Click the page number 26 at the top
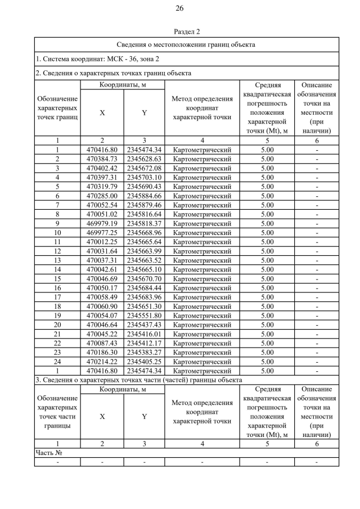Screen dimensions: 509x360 pos(179,8)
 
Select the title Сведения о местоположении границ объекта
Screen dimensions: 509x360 pos(186,44)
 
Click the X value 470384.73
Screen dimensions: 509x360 pos(102,159)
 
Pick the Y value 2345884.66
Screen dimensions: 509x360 pos(144,196)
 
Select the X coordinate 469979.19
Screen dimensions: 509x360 pos(102,223)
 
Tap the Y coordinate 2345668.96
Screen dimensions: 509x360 pos(144,232)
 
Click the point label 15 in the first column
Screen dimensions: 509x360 pos(57,278)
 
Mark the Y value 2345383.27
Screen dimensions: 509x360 pos(144,352)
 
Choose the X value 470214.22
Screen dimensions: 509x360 pos(102,362)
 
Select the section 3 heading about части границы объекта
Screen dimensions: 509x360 pos(138,380)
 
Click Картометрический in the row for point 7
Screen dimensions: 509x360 pos(202,205)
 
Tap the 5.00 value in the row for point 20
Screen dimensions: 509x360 pos(267,325)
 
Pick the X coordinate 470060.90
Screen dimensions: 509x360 pos(102,306)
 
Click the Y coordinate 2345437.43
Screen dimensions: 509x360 pos(144,325)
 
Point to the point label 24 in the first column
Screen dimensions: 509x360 pos(57,362)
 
